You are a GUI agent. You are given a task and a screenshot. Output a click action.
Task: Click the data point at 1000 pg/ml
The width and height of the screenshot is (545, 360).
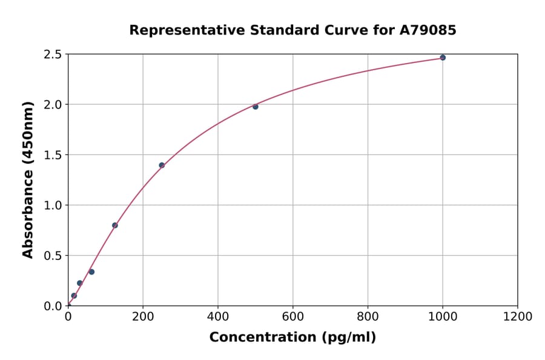point(443,58)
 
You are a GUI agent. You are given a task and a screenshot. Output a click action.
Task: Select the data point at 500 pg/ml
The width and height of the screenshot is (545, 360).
point(256,107)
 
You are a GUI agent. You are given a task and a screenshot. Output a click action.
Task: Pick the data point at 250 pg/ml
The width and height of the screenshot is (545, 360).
point(162,165)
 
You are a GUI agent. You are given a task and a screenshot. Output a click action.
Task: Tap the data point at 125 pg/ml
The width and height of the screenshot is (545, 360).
point(115,225)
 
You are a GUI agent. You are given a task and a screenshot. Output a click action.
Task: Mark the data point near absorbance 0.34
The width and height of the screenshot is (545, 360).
point(91,272)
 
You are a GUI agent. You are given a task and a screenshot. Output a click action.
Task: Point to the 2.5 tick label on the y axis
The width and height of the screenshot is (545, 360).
point(53,55)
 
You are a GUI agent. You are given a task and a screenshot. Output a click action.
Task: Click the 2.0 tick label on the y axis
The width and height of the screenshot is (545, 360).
point(53,105)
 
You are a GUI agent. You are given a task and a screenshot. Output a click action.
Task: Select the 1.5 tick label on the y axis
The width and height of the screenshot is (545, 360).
point(53,155)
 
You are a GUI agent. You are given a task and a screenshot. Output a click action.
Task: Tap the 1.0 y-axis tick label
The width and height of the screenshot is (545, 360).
point(53,205)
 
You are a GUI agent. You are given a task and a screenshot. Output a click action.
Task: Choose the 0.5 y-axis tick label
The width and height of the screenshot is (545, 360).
point(53,256)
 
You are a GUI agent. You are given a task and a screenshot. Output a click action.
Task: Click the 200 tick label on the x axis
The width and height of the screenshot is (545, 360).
point(143,316)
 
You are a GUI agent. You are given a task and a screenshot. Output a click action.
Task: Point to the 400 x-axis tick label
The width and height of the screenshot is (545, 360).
point(218,316)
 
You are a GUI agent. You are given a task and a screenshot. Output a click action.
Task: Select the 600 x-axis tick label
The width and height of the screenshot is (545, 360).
point(293,316)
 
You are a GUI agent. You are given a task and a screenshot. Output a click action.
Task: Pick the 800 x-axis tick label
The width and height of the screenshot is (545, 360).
point(368,316)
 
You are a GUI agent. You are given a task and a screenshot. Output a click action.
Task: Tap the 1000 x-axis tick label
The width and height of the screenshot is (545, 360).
point(443,316)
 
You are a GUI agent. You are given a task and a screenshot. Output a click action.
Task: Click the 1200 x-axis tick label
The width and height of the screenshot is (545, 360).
point(518,316)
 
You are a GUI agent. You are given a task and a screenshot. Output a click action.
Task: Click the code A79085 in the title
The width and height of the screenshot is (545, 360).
point(428,30)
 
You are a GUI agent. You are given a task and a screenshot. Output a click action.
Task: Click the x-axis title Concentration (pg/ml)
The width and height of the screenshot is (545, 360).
point(292,338)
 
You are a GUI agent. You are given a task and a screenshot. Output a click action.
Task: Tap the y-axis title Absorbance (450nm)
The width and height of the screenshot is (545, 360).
point(28,180)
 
